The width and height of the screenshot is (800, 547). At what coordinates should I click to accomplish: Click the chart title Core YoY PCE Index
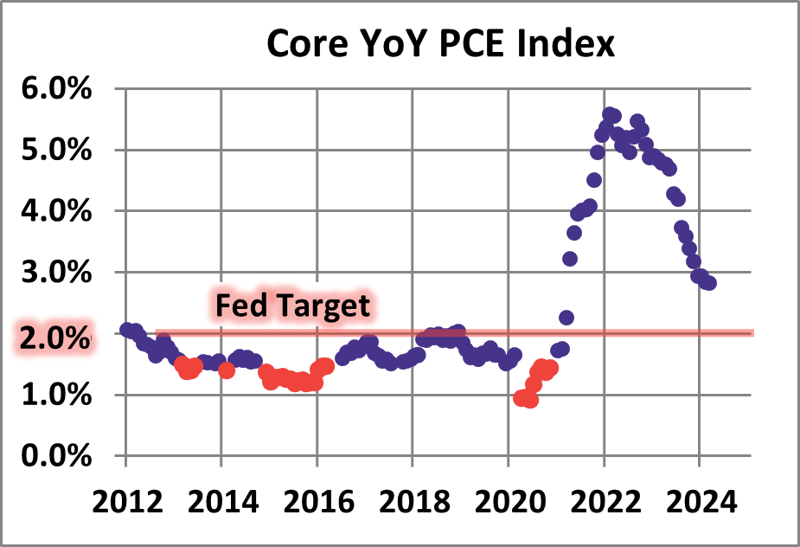[x=441, y=43]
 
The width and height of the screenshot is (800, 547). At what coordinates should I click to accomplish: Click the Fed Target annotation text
[x=292, y=306]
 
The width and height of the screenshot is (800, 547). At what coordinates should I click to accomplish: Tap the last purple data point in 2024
[x=709, y=283]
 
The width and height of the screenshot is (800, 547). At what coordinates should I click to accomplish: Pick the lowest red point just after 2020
[x=530, y=400]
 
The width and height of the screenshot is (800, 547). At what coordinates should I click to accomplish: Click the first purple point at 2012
[x=127, y=330]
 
